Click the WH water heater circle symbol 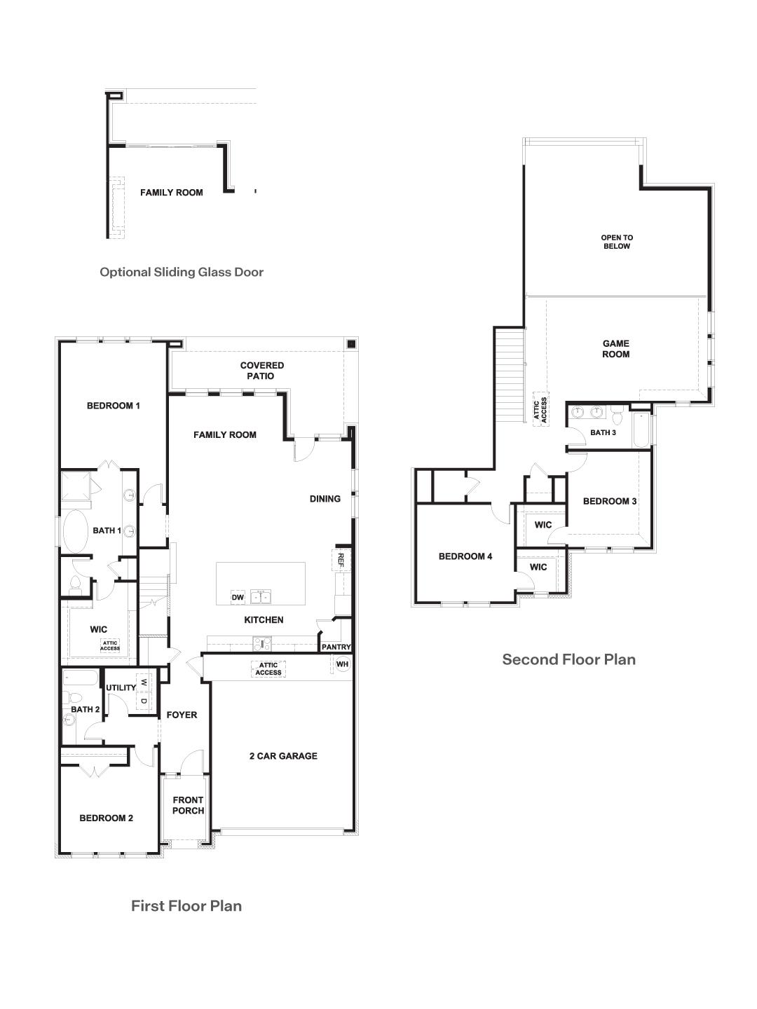[342, 664]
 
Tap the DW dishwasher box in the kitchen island [238, 597]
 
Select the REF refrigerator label [341, 558]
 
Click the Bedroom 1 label [114, 406]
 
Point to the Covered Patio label [262, 371]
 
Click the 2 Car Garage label [283, 756]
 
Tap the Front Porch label [188, 805]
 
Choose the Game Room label [616, 349]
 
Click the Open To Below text [617, 242]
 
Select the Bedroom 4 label [465, 556]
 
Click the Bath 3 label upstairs [603, 432]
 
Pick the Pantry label [336, 647]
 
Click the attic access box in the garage [268, 669]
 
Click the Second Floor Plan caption [568, 659]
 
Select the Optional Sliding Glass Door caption [182, 272]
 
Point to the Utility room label [121, 687]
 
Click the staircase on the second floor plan [510, 375]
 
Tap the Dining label [325, 499]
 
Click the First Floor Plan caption [186, 905]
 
